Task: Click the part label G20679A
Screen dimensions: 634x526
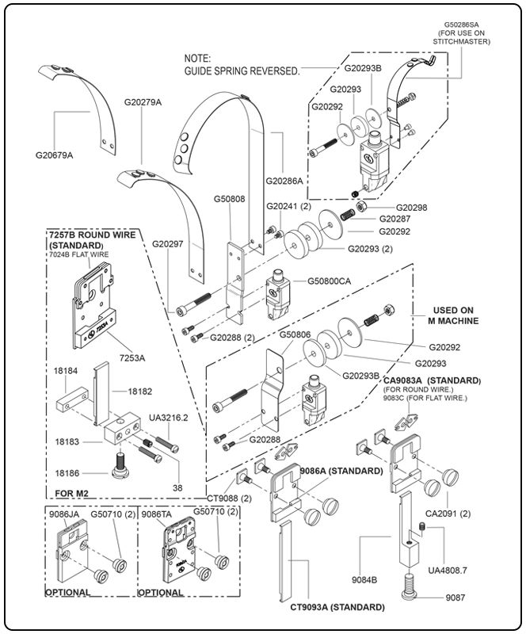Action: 54,155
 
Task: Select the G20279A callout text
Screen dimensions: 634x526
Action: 143,102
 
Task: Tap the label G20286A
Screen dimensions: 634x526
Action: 284,181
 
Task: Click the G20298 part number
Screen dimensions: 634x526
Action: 411,208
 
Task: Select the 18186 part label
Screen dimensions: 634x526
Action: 67,472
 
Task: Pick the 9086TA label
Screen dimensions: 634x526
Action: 156,514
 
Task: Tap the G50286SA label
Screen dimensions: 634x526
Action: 467,25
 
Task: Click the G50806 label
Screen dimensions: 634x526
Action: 296,335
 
